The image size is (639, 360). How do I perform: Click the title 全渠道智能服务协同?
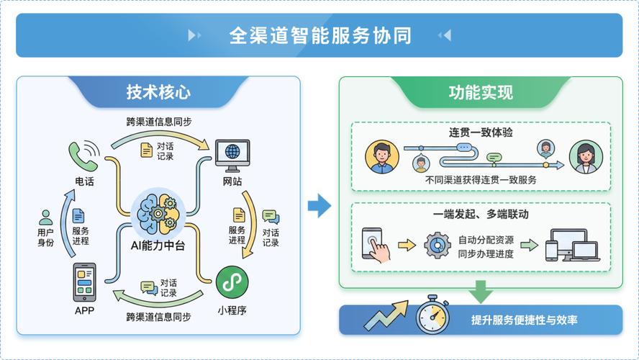tap(319, 35)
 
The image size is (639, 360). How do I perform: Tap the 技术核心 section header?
tap(158, 92)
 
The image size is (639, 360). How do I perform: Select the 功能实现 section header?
tap(481, 92)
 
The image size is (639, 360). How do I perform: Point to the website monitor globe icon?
tap(232, 153)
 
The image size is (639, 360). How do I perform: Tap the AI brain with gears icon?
tap(158, 212)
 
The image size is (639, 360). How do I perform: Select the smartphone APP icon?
tap(84, 282)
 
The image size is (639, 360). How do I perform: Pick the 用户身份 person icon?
tap(46, 217)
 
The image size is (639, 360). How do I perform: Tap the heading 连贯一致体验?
tap(481, 133)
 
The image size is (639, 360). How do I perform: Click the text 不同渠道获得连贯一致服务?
tap(481, 180)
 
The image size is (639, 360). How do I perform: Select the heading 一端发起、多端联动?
tap(481, 214)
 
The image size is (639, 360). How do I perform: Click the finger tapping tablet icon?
tap(374, 244)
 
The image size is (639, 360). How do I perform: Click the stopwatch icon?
tap(433, 315)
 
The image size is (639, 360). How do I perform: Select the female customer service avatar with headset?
tap(586, 156)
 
